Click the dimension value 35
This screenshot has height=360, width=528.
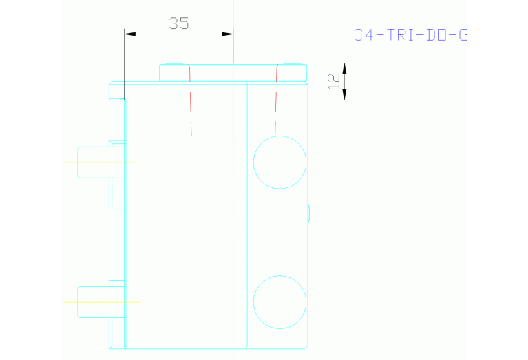pos(179,23)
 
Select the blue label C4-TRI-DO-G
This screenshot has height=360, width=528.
pos(410,35)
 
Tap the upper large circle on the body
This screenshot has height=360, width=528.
pos(279,162)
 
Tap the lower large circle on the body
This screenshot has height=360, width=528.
pos(279,301)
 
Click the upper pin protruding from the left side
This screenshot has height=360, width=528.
pos(93,162)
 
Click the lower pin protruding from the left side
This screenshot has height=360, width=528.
pos(93,302)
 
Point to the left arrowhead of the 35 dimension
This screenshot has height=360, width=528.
pos(129,33)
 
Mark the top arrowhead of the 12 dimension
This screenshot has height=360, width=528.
pos(344,67)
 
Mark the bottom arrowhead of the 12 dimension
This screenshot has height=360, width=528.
pos(344,96)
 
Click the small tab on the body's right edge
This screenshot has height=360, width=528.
pos(308,213)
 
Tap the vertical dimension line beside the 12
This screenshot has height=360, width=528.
pos(344,81)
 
